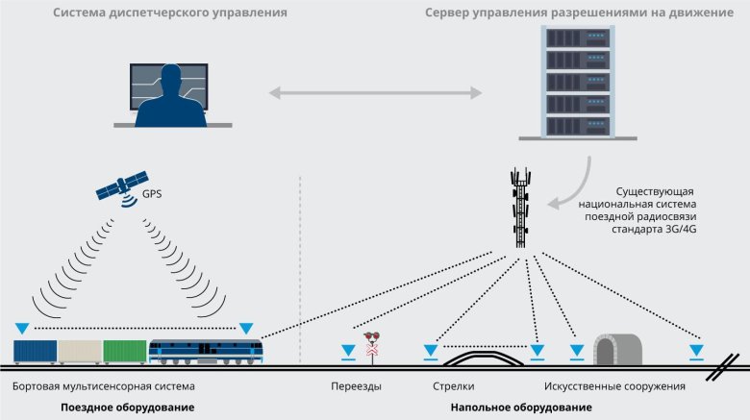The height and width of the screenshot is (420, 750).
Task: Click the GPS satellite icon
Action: click(x=122, y=185)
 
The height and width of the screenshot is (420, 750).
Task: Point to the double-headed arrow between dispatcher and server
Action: click(x=375, y=93)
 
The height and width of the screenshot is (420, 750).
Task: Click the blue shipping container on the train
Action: click(x=35, y=352)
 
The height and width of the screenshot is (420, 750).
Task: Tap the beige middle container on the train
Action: click(x=80, y=352)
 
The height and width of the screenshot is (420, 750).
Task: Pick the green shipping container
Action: click(x=124, y=352)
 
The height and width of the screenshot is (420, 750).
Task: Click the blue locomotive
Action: click(x=205, y=351)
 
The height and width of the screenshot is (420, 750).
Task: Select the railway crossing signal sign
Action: click(x=372, y=345)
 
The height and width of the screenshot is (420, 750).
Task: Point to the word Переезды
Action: click(x=356, y=386)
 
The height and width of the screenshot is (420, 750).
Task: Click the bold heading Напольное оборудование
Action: click(x=520, y=408)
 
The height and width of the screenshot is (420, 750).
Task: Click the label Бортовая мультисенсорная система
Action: click(x=104, y=386)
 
